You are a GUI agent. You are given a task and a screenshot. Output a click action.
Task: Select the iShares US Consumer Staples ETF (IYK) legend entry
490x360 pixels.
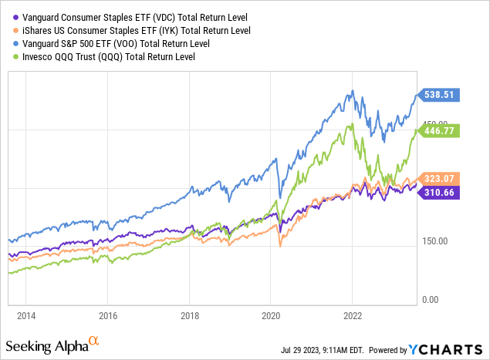click(119, 30)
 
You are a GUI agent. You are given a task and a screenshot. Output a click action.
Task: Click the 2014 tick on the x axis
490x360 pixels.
click(27, 315)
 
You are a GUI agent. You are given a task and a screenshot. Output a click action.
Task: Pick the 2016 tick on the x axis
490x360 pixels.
click(108, 315)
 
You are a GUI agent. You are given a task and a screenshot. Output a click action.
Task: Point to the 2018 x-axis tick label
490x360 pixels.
click(190, 315)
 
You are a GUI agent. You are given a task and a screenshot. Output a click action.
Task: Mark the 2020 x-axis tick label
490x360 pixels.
click(271, 315)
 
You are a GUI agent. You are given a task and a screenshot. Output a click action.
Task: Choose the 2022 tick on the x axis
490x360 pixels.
click(353, 315)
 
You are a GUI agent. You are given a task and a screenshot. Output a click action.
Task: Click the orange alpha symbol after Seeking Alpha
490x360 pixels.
click(93, 338)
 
